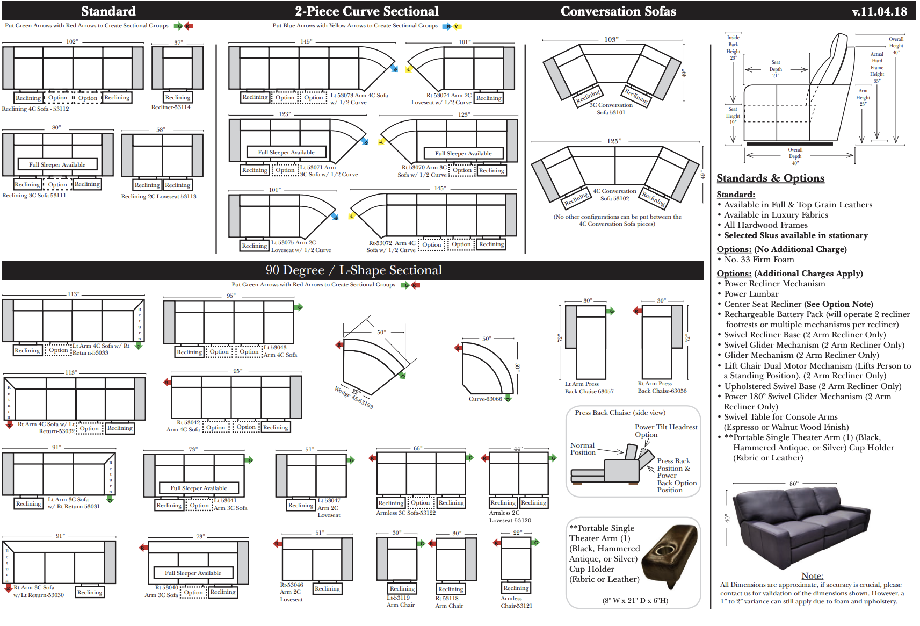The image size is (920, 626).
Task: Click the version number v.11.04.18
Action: [x=879, y=11]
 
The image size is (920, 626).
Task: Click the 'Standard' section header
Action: [x=108, y=11]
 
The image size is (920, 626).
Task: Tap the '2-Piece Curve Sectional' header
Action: [x=366, y=11]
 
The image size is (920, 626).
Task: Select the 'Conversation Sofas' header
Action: [x=618, y=11]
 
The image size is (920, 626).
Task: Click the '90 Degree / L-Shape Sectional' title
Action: [x=353, y=270]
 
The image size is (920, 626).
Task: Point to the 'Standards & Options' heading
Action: [x=770, y=178]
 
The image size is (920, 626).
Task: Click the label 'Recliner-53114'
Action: [x=171, y=107]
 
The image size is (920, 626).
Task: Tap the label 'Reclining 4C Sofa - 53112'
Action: [x=35, y=109]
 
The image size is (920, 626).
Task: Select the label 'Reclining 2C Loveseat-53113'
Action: [x=158, y=197]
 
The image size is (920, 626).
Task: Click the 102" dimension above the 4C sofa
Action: [x=72, y=41]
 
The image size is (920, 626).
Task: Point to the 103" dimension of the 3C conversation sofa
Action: [x=611, y=40]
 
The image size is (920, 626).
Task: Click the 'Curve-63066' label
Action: [x=485, y=399]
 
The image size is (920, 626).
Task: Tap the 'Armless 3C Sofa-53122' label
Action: [x=405, y=513]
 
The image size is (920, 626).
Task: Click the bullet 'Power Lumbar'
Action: [x=751, y=294]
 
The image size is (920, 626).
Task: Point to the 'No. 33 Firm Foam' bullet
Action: [x=758, y=260]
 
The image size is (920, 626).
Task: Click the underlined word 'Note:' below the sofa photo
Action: [x=812, y=576]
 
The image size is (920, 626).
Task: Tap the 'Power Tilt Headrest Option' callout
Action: [x=665, y=431]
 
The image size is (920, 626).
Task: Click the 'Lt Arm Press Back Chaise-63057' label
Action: [x=589, y=388]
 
